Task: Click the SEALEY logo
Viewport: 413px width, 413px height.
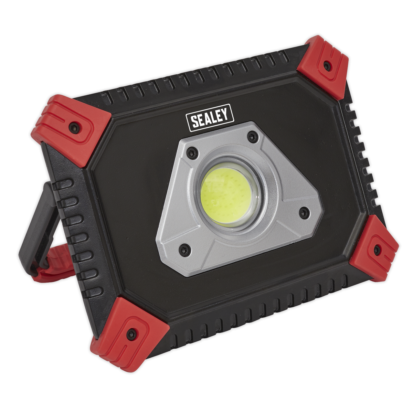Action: pyautogui.click(x=210, y=117)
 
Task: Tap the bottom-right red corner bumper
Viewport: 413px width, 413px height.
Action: pyautogui.click(x=375, y=248)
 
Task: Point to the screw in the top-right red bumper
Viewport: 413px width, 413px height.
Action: pyautogui.click(x=327, y=65)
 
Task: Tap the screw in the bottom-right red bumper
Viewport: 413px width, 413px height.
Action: pyautogui.click(x=377, y=250)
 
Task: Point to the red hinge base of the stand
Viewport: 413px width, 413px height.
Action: pyautogui.click(x=55, y=267)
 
